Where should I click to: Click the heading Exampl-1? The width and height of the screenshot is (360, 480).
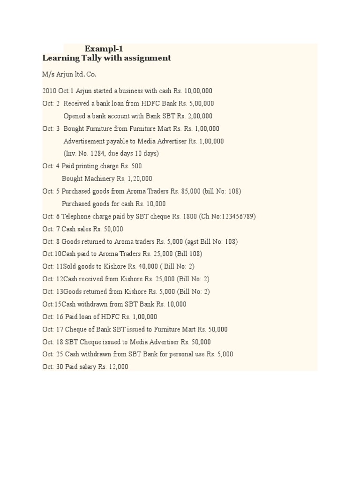click(104, 48)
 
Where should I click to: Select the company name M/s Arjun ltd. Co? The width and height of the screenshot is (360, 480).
click(69, 74)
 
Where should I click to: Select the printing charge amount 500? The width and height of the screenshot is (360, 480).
click(136, 166)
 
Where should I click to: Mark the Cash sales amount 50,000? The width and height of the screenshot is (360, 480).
click(113, 229)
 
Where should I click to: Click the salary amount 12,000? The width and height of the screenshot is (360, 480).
click(117, 367)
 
